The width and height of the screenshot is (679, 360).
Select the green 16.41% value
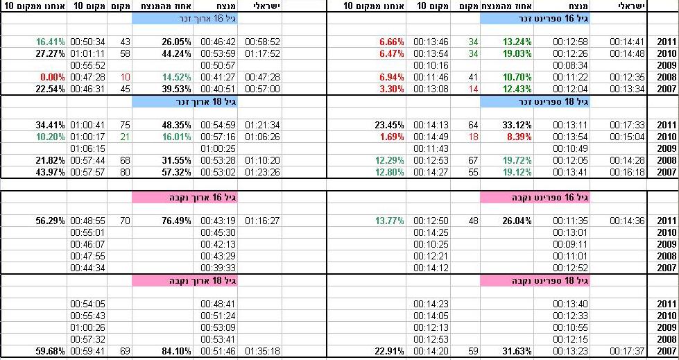(50, 42)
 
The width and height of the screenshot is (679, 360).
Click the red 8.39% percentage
(517, 137)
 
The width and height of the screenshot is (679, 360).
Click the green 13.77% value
(388, 221)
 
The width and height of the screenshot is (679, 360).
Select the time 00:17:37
(628, 351)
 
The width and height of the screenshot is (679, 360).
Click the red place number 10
(125, 77)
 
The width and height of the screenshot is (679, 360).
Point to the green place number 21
(125, 137)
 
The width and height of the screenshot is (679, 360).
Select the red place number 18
(474, 137)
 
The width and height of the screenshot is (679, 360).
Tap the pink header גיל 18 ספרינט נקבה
(534, 280)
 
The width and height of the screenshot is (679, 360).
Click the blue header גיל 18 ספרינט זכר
(534, 101)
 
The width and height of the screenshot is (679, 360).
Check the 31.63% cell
(517, 351)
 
